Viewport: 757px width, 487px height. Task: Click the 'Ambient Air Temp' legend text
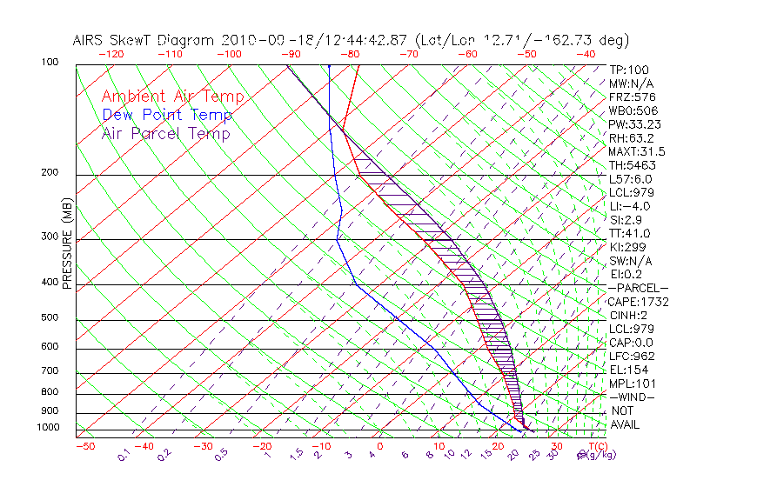(172, 97)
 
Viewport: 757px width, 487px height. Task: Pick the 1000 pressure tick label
(49, 427)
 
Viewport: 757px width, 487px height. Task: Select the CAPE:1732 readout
(638, 302)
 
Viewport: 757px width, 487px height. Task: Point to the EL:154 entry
(628, 370)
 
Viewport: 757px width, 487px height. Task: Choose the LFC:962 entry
(631, 357)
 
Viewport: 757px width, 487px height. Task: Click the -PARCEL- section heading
(638, 288)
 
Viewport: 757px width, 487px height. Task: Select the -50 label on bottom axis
(84, 446)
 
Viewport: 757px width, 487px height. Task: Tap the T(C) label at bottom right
(597, 446)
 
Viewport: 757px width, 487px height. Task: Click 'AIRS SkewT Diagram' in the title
(144, 41)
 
